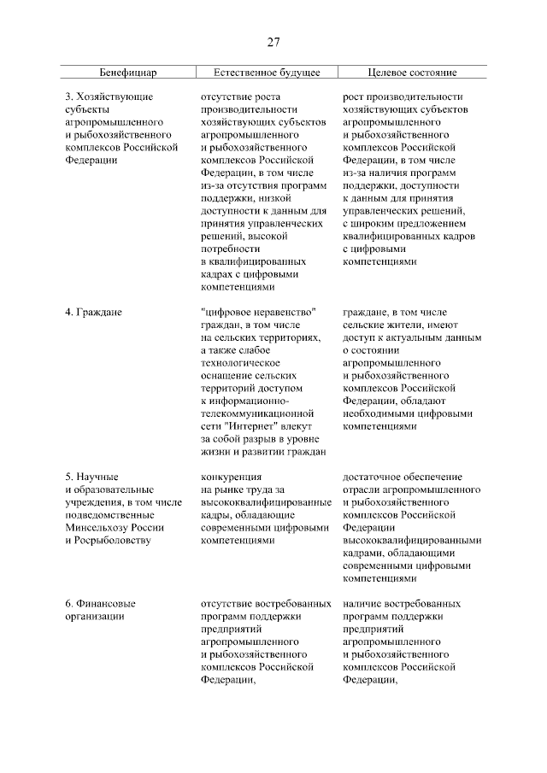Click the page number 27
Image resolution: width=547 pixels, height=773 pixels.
point(273,42)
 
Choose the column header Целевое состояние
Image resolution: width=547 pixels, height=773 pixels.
point(412,73)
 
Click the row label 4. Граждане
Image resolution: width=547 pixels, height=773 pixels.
point(94,313)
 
